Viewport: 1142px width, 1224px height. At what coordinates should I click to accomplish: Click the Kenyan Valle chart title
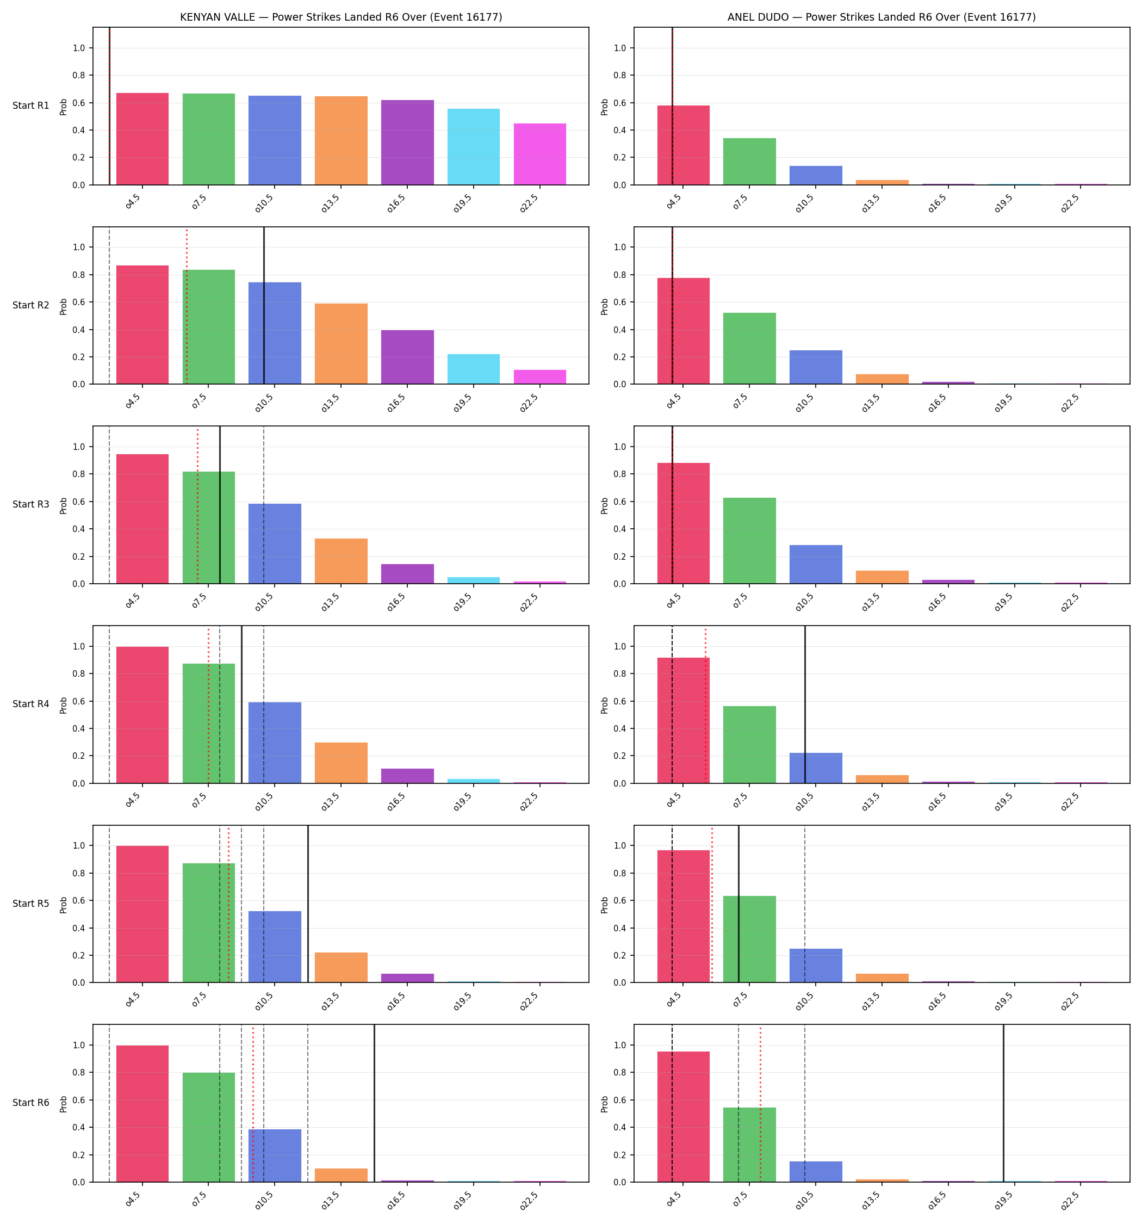pos(341,17)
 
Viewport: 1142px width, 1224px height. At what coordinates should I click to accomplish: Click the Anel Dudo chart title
pos(882,17)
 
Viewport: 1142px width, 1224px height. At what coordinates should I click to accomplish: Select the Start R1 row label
pos(31,106)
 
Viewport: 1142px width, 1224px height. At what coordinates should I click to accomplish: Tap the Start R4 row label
pos(31,704)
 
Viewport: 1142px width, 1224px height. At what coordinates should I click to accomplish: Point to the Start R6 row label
pos(31,1103)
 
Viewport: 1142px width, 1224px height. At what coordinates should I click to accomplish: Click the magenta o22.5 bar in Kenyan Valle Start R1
pos(540,154)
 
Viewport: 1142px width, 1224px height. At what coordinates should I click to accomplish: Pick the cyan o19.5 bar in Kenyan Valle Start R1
pos(474,146)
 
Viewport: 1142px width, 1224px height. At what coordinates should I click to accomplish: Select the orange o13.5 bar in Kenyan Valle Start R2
pos(341,344)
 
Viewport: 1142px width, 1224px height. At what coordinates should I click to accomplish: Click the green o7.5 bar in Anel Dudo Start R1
pos(749,162)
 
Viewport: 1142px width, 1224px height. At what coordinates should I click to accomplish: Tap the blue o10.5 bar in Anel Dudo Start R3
pos(816,564)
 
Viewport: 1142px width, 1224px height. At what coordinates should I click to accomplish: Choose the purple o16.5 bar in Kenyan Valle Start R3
pos(407,574)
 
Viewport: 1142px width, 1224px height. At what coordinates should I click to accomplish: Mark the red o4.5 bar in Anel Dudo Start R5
pos(684,916)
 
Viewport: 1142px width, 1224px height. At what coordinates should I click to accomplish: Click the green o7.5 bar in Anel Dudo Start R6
pos(749,1145)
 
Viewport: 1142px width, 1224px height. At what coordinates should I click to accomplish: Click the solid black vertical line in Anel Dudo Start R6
pos(1003,1103)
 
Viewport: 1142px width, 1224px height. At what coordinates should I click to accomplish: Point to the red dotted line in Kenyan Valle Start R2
pos(187,305)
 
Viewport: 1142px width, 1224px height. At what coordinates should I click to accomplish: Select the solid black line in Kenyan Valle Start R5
pos(308,904)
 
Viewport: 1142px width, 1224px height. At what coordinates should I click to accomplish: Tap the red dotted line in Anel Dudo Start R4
pos(705,704)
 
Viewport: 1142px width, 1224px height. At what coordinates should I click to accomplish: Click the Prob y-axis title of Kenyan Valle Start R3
pos(64,505)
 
